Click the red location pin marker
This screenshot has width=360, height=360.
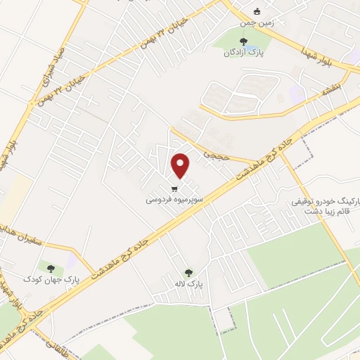(x=181, y=165)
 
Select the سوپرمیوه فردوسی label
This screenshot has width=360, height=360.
(x=174, y=200)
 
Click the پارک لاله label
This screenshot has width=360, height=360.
(x=188, y=283)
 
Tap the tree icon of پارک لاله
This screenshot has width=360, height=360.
(x=188, y=273)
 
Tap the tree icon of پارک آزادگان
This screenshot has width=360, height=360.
(x=243, y=41)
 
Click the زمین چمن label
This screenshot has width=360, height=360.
(x=257, y=22)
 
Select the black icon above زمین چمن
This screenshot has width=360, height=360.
(x=257, y=11)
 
